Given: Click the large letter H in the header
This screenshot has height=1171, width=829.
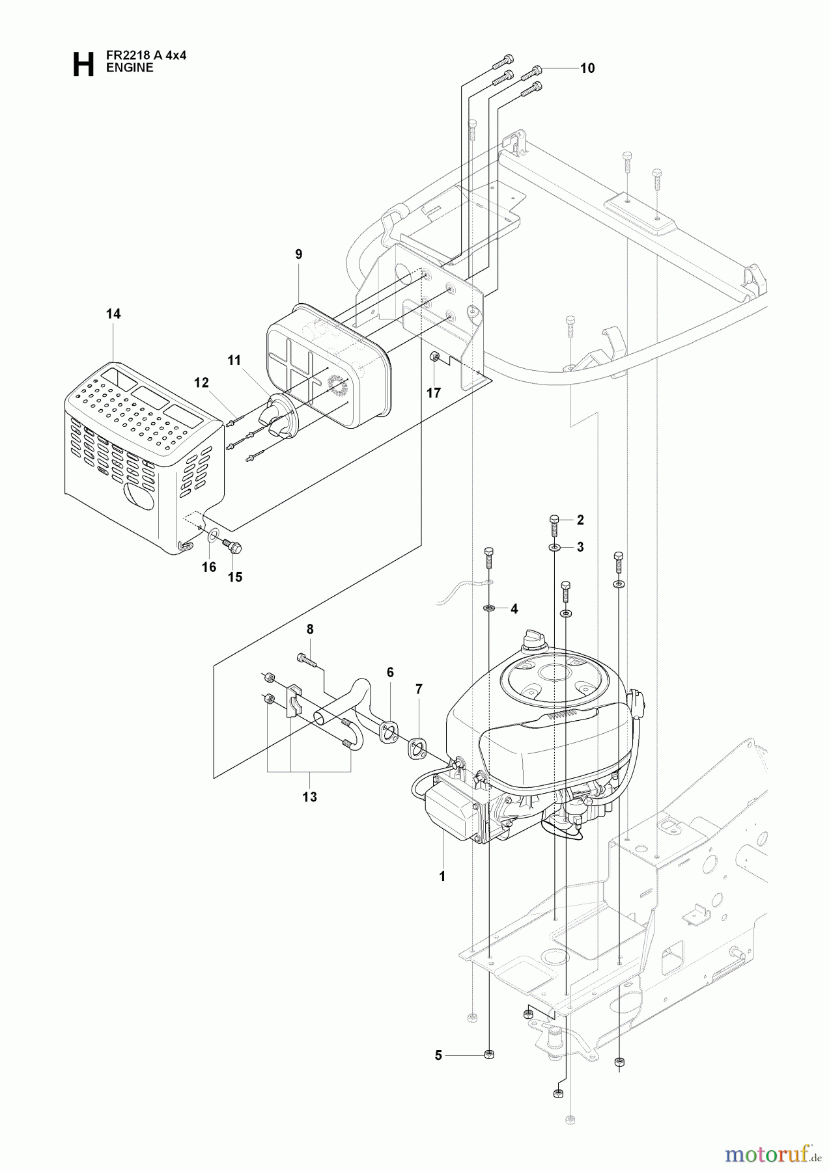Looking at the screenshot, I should [x=83, y=65].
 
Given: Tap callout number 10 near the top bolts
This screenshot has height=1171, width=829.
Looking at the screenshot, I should [x=587, y=68].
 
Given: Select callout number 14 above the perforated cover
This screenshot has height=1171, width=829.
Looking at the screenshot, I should [x=113, y=314].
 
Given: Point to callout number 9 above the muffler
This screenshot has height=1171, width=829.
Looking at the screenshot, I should [x=299, y=254].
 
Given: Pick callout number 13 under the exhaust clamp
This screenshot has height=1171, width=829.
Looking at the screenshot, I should [x=309, y=796].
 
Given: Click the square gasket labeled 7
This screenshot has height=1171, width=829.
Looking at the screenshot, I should [x=417, y=750].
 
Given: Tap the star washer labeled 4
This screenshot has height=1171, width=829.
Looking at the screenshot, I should [x=489, y=609].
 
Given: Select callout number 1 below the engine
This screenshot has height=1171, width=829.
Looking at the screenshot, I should [x=442, y=876].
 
